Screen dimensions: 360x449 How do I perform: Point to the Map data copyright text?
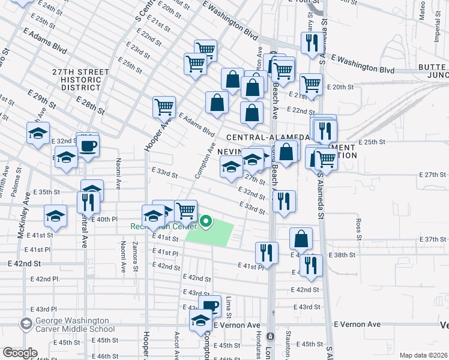point(423,355)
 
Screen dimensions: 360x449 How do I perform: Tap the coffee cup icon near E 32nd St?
point(89,145)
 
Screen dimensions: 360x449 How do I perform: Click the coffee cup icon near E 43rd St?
point(210,305)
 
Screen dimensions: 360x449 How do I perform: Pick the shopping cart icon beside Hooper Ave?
point(164,107)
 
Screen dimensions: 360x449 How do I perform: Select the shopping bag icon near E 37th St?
point(301,238)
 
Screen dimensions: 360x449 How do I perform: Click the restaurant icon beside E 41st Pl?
point(266,252)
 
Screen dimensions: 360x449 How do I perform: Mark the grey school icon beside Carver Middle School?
point(26,325)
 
